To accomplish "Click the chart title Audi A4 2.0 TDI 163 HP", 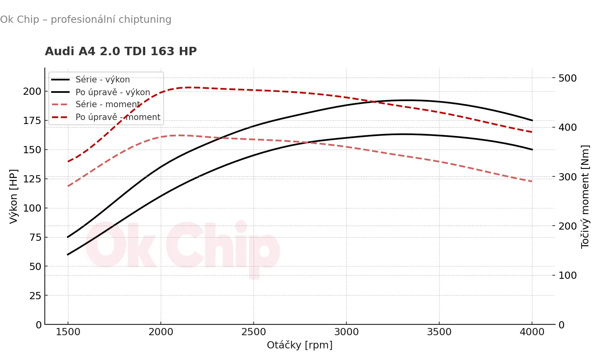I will click(x=121, y=52).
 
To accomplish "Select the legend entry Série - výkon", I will click(x=102, y=80).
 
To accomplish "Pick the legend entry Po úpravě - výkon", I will click(x=113, y=92).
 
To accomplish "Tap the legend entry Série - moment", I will click(x=108, y=104).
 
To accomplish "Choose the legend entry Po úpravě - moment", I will click(x=118, y=117).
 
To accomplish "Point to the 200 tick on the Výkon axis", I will click(x=32, y=91).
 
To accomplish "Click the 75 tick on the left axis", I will click(x=35, y=237).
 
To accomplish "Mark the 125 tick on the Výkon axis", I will click(x=32, y=179).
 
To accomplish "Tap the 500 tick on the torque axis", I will click(x=568, y=78).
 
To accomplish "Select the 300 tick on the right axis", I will click(x=568, y=177).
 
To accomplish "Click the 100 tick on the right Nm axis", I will click(x=568, y=275).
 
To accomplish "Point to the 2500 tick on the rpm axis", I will click(x=254, y=332).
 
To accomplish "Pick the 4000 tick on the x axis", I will click(x=532, y=332).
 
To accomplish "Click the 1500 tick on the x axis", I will click(x=68, y=332).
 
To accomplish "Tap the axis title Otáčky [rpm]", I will click(x=300, y=345).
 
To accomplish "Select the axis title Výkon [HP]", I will click(x=14, y=196).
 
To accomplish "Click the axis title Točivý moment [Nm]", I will click(x=585, y=196).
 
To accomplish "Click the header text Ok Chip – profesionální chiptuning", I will click(x=86, y=20).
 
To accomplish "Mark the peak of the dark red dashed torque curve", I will click(x=190, y=87).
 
